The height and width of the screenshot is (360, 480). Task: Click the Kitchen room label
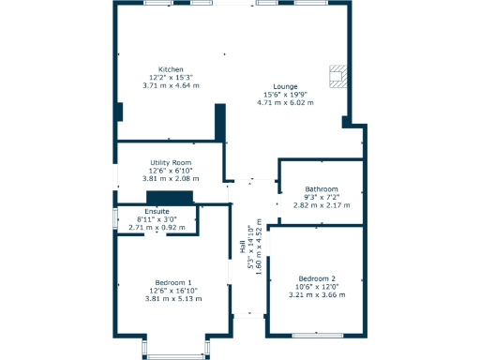tap(171, 69)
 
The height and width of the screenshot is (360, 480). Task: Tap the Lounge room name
tap(285, 86)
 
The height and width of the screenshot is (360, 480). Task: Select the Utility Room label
tap(171, 162)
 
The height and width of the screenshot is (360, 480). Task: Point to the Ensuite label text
tap(156, 211)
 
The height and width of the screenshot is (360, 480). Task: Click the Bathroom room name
tap(322, 189)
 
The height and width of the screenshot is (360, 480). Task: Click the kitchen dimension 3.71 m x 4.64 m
tap(171, 85)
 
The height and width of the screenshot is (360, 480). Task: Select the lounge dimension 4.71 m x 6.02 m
tap(285, 102)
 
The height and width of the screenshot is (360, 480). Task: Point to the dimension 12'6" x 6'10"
tap(171, 170)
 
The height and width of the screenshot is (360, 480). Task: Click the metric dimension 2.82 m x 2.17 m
tap(322, 204)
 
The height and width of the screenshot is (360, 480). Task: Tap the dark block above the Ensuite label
tap(170, 198)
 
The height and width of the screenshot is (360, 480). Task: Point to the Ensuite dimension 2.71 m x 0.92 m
tap(156, 227)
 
